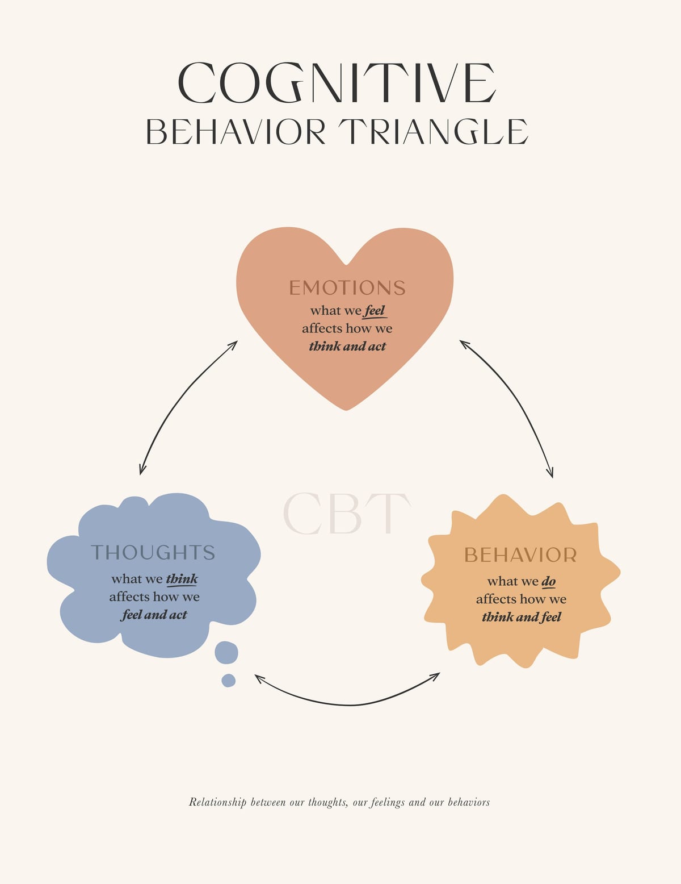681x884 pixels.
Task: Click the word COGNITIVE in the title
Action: pyautogui.click(x=337, y=82)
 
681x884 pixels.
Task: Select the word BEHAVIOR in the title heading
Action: pyautogui.click(x=236, y=131)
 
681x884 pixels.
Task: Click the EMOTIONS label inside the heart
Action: pyautogui.click(x=347, y=287)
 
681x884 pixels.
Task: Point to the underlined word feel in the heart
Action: pyautogui.click(x=374, y=311)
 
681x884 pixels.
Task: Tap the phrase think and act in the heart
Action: pyautogui.click(x=347, y=346)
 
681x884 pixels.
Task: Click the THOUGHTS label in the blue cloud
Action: pyautogui.click(x=153, y=552)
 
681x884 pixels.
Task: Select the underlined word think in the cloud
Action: pyautogui.click(x=182, y=578)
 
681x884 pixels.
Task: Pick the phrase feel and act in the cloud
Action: pyautogui.click(x=154, y=614)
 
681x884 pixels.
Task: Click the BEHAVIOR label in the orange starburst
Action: pyautogui.click(x=520, y=555)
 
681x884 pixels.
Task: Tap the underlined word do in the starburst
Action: pyautogui.click(x=549, y=582)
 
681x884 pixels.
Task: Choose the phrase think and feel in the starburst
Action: pyautogui.click(x=522, y=617)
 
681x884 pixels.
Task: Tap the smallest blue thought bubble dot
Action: pyautogui.click(x=228, y=680)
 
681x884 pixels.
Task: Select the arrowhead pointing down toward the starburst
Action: pyautogui.click(x=550, y=472)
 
